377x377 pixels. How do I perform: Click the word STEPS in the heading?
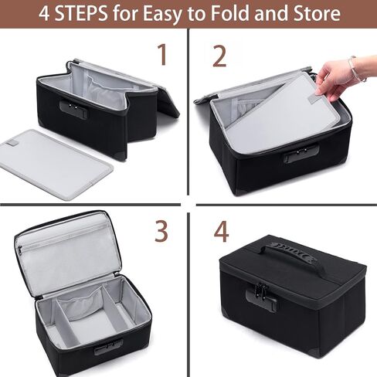(x=81, y=13)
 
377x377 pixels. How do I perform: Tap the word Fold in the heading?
(x=230, y=13)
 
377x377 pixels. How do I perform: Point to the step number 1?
(x=162, y=54)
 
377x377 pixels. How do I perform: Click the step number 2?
(x=219, y=56)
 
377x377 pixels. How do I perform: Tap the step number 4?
(x=221, y=232)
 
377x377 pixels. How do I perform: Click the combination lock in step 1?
(x=73, y=110)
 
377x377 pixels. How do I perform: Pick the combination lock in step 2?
(x=301, y=154)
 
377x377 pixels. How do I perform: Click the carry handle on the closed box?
(x=288, y=255)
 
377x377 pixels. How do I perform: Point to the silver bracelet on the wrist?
(x=355, y=69)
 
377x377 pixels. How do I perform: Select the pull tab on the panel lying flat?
(x=12, y=143)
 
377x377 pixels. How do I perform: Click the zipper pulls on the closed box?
(x=262, y=290)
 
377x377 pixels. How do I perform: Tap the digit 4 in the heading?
(x=44, y=13)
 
